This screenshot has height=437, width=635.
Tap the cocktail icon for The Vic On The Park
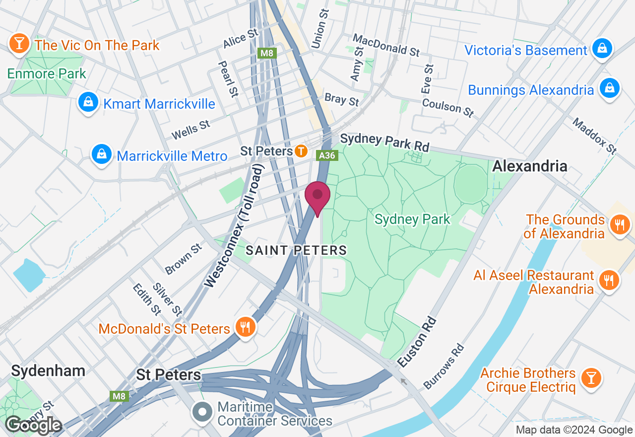(x=19, y=44)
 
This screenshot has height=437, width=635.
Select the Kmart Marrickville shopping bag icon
(x=88, y=102)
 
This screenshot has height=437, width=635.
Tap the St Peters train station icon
(x=301, y=151)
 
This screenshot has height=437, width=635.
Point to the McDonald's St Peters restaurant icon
(x=245, y=327)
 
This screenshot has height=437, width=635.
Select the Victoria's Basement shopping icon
(x=601, y=49)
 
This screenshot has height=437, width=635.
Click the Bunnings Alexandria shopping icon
(x=609, y=88)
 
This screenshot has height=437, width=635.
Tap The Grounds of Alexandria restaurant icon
(x=619, y=224)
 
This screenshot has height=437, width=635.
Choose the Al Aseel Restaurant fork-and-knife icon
(x=608, y=280)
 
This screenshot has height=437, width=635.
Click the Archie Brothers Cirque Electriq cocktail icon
(x=590, y=378)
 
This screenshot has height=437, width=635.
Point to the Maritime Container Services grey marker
(x=202, y=412)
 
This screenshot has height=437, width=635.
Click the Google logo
(x=33, y=425)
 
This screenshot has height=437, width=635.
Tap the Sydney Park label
(x=412, y=219)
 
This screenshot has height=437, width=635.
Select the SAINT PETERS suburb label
(x=296, y=250)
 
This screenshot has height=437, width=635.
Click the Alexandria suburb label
(x=529, y=166)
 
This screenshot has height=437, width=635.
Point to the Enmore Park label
(x=47, y=74)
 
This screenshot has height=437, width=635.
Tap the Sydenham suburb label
(x=48, y=371)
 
